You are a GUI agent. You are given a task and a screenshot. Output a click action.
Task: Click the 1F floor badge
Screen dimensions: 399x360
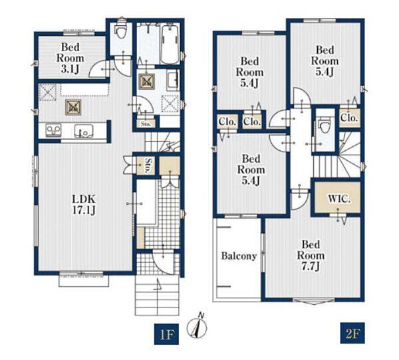coord(166,334)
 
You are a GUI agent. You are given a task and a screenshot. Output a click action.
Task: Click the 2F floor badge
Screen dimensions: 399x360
coord(352,333)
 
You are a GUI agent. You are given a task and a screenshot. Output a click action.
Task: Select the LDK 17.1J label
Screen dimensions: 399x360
coord(84,205)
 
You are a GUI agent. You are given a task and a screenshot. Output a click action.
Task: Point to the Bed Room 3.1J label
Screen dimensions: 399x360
coord(70,58)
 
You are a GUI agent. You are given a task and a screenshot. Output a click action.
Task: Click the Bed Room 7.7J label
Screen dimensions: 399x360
coord(311,255)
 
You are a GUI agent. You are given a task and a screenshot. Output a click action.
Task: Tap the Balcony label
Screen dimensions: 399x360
coord(239,256)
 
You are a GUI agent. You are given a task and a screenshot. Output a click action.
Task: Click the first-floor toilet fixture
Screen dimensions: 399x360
coord(121,31)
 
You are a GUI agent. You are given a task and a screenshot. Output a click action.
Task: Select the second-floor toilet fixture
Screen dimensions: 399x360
coord(324,125)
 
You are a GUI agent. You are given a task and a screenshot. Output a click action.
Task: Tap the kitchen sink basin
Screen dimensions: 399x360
coord(84,131)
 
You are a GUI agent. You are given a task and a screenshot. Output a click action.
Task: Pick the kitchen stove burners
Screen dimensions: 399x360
coord(53,131)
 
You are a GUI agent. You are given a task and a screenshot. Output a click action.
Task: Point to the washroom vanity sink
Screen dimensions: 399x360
coord(173,80)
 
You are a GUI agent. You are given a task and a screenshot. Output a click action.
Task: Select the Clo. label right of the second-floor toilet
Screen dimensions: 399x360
coord(349,118)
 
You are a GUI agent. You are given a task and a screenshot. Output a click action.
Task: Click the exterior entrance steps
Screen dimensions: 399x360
coord(157,296)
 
